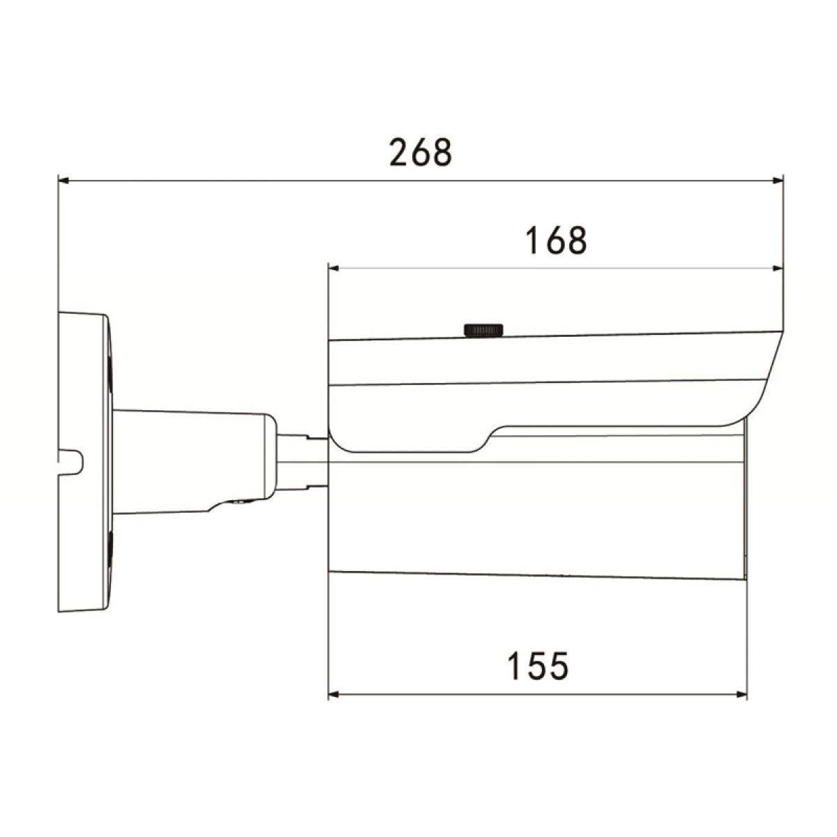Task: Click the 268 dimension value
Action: [421, 152]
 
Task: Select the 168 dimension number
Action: [556, 241]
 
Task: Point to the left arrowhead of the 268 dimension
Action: [63, 181]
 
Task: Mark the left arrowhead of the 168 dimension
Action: [333, 268]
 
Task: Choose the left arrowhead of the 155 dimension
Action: [333, 695]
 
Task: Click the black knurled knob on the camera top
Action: [483, 330]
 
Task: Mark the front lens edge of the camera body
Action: [744, 502]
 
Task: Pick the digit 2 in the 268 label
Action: [400, 152]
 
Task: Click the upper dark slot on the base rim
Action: [110, 370]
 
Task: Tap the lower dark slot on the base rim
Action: [110, 548]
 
